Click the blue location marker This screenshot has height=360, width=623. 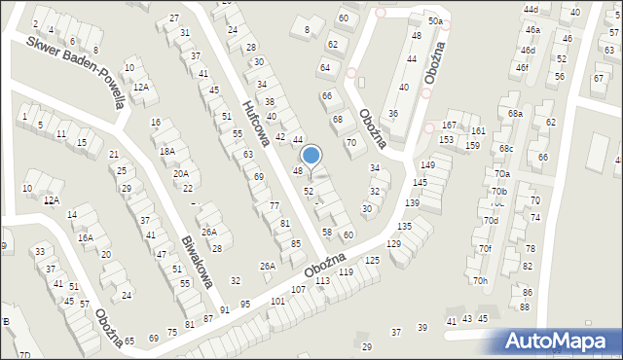tap(311, 155)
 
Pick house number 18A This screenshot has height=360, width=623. tap(167, 151)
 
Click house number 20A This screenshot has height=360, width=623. tap(181, 173)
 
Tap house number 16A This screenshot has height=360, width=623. tap(86, 237)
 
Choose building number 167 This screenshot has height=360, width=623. tap(448, 126)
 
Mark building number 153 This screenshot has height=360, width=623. tap(445, 140)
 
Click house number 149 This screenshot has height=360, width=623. tap(427, 164)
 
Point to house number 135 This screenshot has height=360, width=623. tap(403, 226)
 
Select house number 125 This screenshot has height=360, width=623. tap(372, 260)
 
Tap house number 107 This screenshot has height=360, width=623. tap(298, 290)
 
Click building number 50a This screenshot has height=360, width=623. tap(435, 20)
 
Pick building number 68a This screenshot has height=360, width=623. tap(514, 114)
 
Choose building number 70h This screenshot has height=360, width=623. tap(480, 281)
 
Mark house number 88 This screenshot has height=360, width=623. tap(524, 306)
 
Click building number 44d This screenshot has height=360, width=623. tap(531, 9)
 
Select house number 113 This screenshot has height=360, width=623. tap(322, 281)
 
